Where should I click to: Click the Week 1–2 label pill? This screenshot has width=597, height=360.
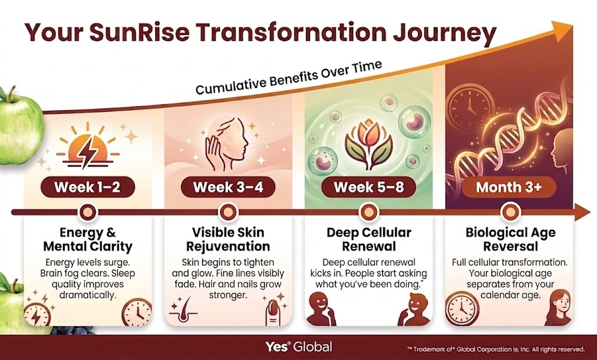point(87,187)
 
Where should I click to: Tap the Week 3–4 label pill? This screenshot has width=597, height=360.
point(228,187)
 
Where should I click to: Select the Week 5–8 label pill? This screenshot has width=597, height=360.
point(368,187)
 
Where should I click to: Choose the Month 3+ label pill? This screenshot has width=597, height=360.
point(508,187)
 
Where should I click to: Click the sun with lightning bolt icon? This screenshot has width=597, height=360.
point(87,146)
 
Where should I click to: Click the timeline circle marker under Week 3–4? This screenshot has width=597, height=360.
point(228,212)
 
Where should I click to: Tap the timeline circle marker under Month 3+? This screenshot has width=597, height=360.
point(508,212)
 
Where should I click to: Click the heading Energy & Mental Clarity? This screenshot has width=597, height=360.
point(87,239)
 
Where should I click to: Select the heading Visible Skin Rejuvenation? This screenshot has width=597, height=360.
point(228,239)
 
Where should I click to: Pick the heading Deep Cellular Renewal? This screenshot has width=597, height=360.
point(368,239)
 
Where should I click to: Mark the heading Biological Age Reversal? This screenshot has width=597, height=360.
point(510,239)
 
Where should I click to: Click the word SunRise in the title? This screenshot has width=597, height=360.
point(139,32)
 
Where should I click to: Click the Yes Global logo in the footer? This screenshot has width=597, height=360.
point(299,347)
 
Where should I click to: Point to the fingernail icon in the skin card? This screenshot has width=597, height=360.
point(273,312)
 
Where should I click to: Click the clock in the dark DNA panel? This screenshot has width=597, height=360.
point(470,104)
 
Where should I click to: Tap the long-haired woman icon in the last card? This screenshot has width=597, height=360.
point(559,307)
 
